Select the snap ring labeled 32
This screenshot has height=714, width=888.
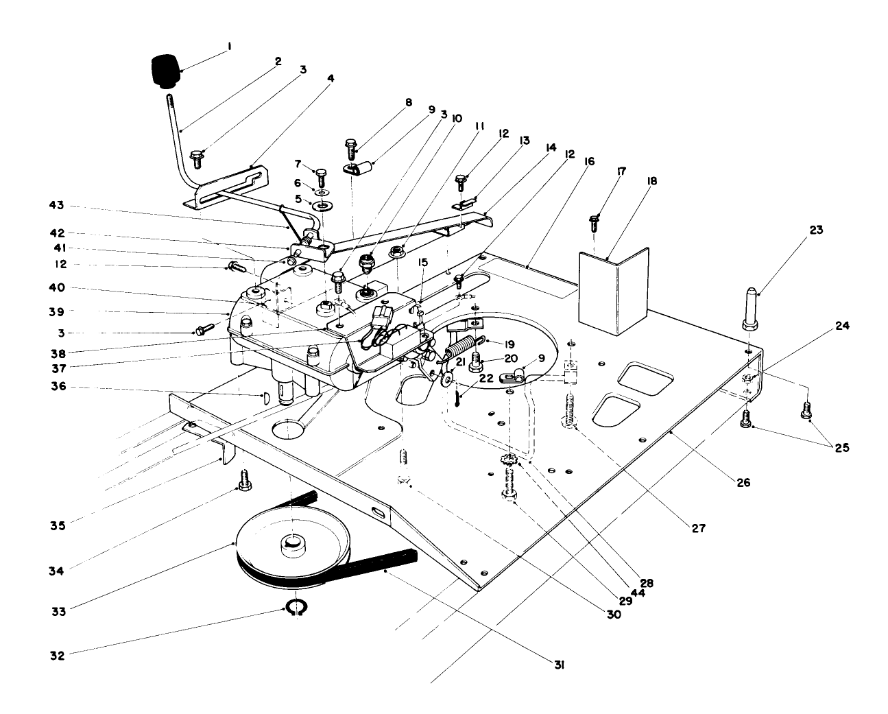[x=296, y=608]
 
